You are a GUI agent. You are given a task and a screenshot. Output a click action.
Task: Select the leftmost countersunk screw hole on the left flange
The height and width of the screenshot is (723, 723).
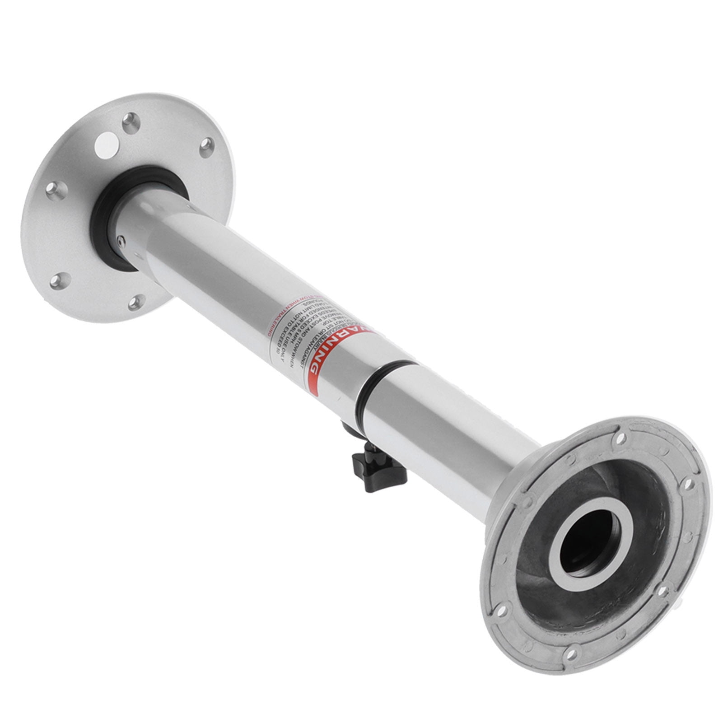pyautogui.click(x=59, y=191)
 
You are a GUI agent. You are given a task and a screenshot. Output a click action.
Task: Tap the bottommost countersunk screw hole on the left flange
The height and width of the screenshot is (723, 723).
pyautogui.click(x=136, y=302)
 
